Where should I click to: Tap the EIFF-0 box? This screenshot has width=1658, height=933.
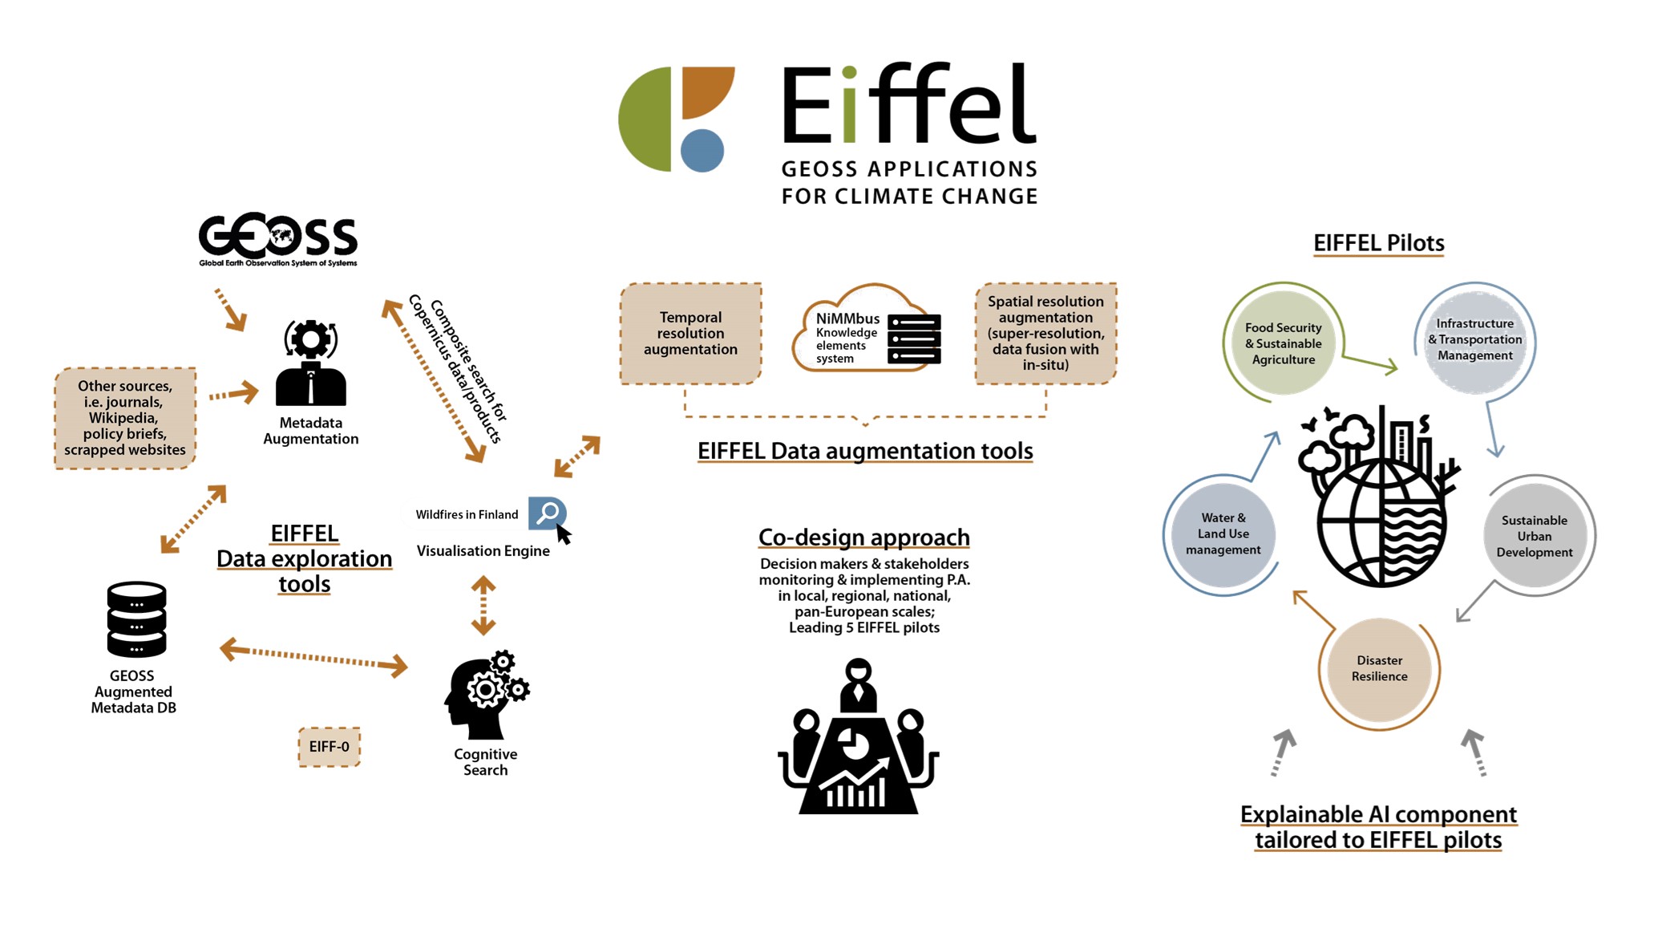[x=330, y=747]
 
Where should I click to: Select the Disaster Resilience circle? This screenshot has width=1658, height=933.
[x=1379, y=669]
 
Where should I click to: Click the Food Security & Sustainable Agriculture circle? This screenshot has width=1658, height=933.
[x=1283, y=343]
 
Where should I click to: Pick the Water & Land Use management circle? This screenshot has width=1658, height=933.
[x=1223, y=534]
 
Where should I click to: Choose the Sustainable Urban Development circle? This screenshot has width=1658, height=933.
[x=1534, y=536]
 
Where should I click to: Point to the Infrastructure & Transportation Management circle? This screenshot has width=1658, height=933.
[x=1474, y=340]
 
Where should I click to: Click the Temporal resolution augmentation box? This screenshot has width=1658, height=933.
[x=691, y=334]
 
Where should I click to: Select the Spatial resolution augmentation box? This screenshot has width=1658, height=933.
[x=1045, y=334]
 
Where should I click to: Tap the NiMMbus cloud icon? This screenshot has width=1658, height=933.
[x=866, y=329]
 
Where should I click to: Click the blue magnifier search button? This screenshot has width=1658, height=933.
[x=548, y=513]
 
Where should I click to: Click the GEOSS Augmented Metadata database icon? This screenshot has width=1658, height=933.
[x=136, y=619]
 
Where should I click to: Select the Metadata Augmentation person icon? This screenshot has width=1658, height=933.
[x=311, y=363]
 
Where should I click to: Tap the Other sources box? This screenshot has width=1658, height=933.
[x=125, y=418]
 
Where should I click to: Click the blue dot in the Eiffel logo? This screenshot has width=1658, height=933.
[x=702, y=151]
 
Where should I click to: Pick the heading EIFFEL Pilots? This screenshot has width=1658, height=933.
[x=1379, y=243]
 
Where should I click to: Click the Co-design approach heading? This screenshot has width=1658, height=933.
[x=864, y=537]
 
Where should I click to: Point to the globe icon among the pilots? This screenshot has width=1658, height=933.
[x=1380, y=497]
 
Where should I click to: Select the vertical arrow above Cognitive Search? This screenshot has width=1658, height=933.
[x=483, y=606]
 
